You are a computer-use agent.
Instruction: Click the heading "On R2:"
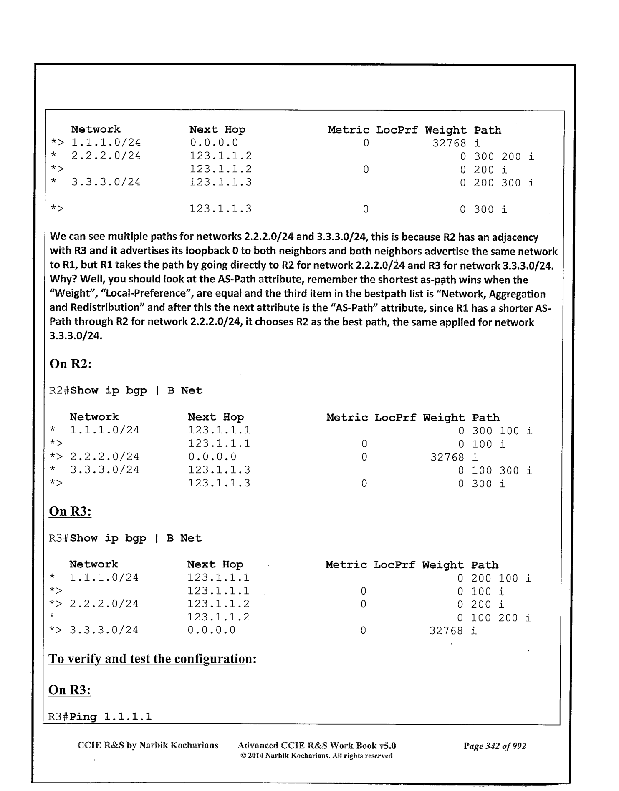tap(71, 364)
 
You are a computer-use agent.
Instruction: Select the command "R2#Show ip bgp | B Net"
tap(126, 390)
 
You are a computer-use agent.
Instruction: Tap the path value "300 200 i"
tap(503, 156)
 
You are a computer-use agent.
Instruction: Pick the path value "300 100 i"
tap(502, 431)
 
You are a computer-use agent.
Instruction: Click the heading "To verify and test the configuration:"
tap(152, 659)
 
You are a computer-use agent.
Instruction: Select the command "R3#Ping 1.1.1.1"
tap(100, 717)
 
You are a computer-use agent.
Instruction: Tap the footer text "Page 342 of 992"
tap(495, 746)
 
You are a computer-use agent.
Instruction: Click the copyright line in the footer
tap(316, 756)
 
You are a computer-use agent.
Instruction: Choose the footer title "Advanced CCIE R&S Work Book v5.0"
tap(316, 746)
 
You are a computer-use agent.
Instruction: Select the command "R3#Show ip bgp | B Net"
tap(125, 538)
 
